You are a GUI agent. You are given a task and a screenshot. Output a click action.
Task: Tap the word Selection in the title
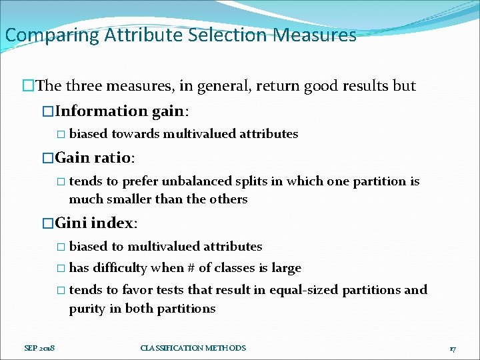tap(225, 35)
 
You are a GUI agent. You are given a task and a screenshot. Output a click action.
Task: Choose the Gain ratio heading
tap(94, 158)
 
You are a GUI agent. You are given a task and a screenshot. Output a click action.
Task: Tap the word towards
tap(135, 134)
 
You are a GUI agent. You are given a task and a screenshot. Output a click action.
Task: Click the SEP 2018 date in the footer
tap(39, 348)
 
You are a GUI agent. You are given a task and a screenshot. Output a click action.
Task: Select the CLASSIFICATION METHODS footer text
tap(193, 348)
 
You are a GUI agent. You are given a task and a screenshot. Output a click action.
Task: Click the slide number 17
tap(452, 348)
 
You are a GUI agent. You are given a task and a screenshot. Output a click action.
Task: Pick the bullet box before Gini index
tap(47, 223)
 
